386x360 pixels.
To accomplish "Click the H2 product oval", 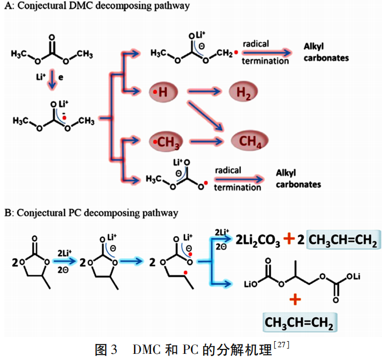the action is pos(243,92).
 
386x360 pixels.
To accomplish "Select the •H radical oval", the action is pos(163,92).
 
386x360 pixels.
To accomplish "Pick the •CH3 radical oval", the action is pos(166,142).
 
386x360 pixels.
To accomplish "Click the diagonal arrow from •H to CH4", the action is pos(205,115).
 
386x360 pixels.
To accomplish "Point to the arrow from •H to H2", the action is pos(204,92).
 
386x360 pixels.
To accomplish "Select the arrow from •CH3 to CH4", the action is pos(206,142).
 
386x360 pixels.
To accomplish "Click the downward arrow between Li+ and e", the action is pos(52,79).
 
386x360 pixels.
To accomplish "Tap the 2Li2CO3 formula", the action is pos(258,240).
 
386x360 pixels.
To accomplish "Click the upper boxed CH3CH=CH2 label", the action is pos(343,240).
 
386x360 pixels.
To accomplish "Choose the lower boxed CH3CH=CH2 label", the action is pos(299,322).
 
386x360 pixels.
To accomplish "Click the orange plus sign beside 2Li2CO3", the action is pos(289,239).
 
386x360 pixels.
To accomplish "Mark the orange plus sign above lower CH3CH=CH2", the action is pos(295,299).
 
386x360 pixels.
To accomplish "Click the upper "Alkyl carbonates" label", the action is pos(326,52).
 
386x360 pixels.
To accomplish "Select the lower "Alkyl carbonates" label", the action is pos(298,178).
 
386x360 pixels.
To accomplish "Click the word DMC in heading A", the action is pos(81,6).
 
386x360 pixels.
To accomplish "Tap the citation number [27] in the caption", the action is pos(281,345).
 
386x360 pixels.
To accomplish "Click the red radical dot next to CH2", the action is pos(236,52).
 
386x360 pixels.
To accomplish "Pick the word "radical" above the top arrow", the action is pos(256,44).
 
